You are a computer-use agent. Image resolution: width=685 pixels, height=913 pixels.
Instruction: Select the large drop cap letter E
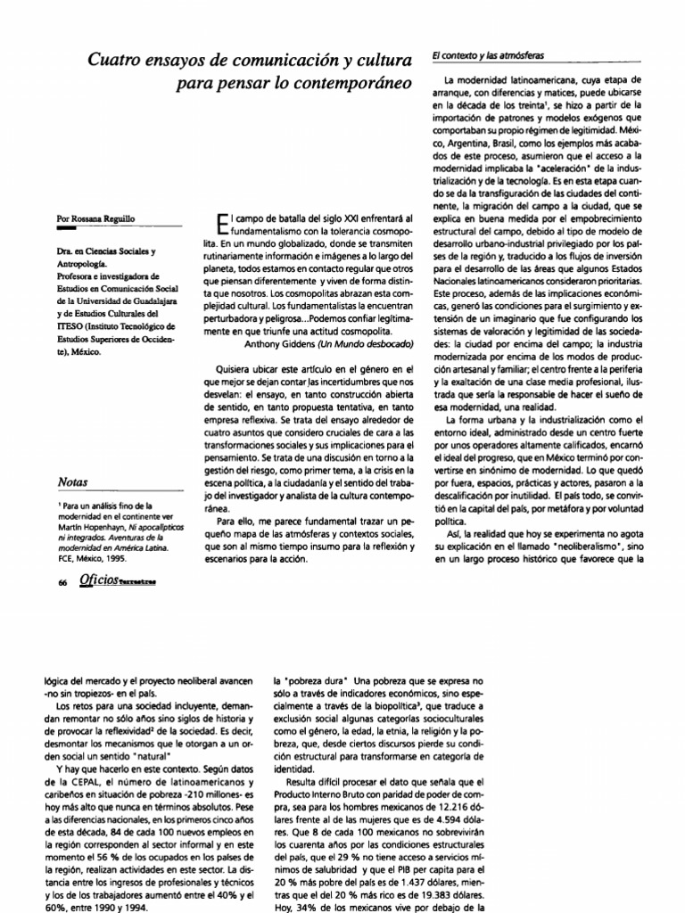point(224,227)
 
